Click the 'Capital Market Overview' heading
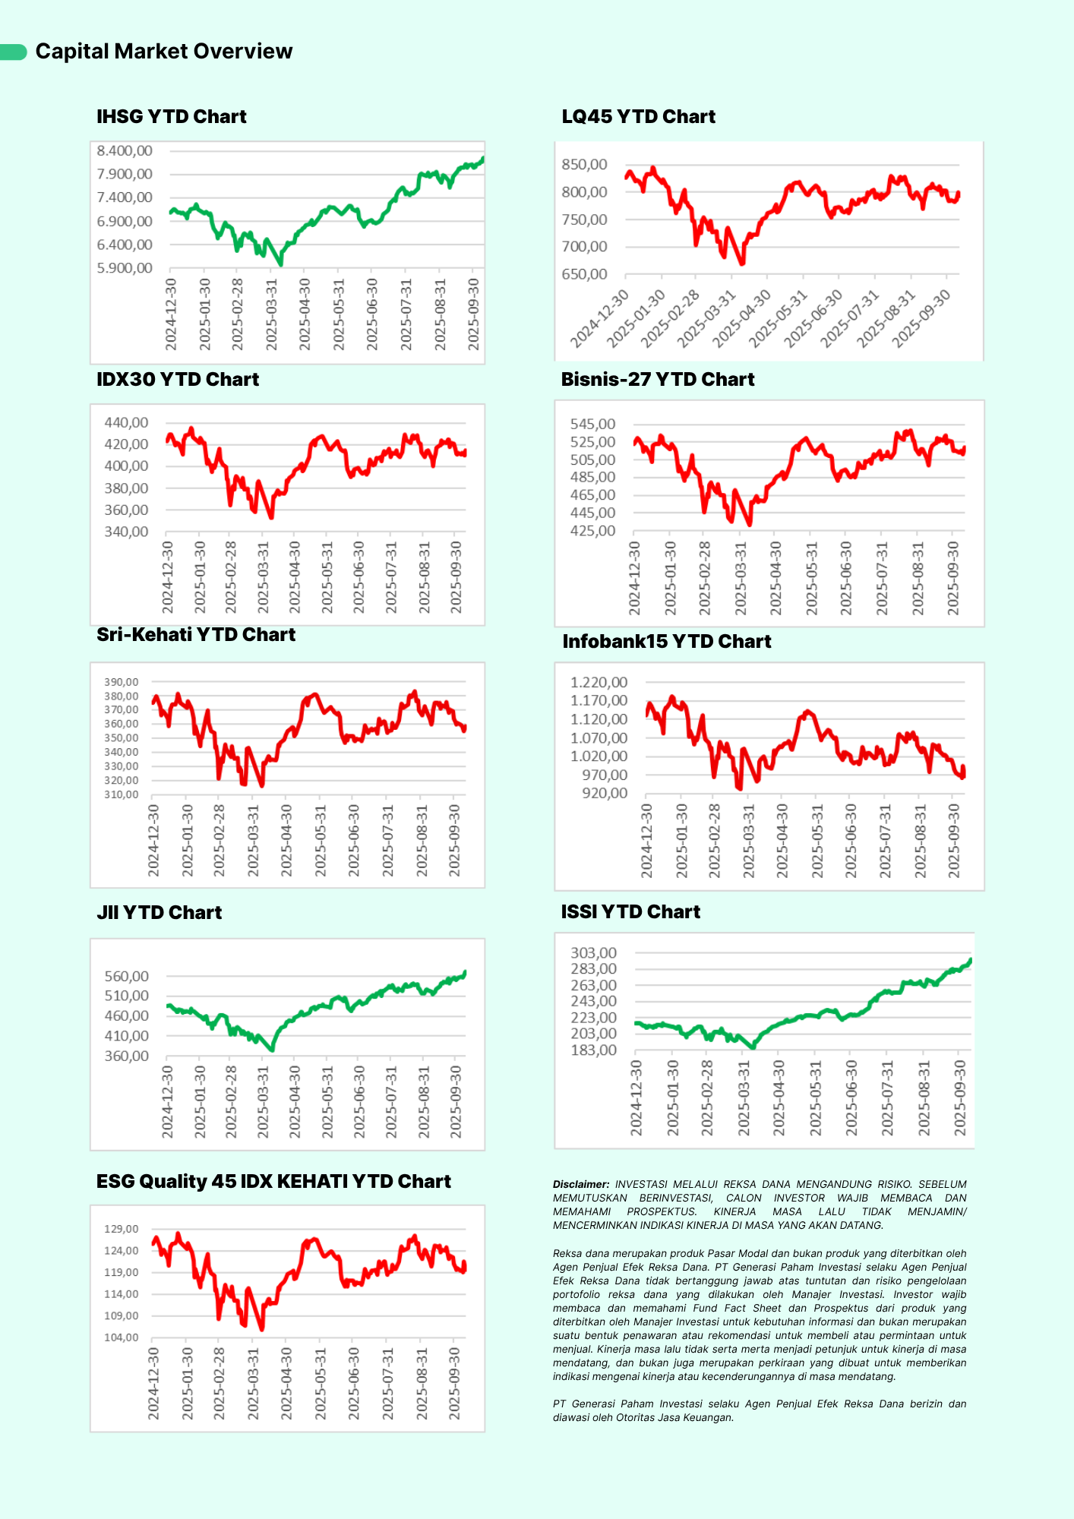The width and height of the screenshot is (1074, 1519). point(163,51)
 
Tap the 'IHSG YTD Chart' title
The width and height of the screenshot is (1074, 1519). point(171,116)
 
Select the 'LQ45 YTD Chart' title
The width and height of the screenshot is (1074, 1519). point(638,116)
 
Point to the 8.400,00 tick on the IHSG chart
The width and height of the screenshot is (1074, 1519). point(125,151)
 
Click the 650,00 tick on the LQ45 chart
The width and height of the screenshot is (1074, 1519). point(584,274)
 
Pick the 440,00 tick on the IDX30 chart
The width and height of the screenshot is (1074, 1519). point(126,422)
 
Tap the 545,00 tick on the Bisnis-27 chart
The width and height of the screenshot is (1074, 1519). point(592,424)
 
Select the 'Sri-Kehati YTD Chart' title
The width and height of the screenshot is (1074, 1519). point(195,634)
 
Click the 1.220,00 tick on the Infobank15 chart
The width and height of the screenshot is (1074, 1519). point(599,682)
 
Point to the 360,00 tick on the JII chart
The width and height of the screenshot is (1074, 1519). point(126,1056)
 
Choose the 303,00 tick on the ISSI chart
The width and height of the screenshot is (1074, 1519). point(593,953)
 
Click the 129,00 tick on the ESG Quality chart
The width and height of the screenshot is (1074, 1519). point(122,1229)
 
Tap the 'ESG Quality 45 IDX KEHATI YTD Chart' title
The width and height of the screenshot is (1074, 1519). point(273,1181)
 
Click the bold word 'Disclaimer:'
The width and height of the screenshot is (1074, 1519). point(581,1184)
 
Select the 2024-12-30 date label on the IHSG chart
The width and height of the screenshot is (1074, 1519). point(171,314)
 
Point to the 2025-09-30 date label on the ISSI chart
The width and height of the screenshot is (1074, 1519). point(960,1098)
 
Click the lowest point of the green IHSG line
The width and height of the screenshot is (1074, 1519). point(281,264)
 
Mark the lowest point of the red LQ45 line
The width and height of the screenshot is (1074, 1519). point(742,264)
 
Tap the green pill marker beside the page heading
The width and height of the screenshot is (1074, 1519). point(14,52)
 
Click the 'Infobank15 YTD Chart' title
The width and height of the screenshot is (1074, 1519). point(666,641)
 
